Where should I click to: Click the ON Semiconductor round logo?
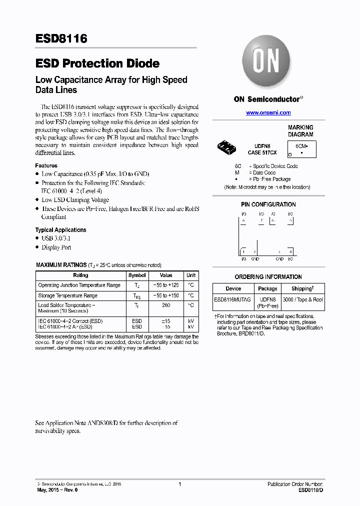click(267, 61)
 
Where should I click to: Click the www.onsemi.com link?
click(268, 113)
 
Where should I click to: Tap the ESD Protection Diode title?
click(97, 63)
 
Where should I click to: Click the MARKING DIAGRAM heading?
click(300, 131)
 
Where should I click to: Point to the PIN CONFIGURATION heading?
click(268, 204)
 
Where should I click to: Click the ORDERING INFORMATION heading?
click(268, 277)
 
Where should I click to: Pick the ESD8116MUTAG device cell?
click(233, 299)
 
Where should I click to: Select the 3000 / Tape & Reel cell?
click(302, 299)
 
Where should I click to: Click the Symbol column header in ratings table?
click(137, 275)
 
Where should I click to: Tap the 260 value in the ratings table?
click(165, 305)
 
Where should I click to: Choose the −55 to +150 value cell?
click(165, 295)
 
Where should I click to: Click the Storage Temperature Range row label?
click(68, 295)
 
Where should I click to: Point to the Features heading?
click(46, 165)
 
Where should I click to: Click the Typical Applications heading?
click(60, 230)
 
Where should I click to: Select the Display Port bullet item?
click(56, 247)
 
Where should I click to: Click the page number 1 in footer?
click(179, 484)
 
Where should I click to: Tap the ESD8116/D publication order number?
click(310, 490)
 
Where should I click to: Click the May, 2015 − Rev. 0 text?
click(57, 490)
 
